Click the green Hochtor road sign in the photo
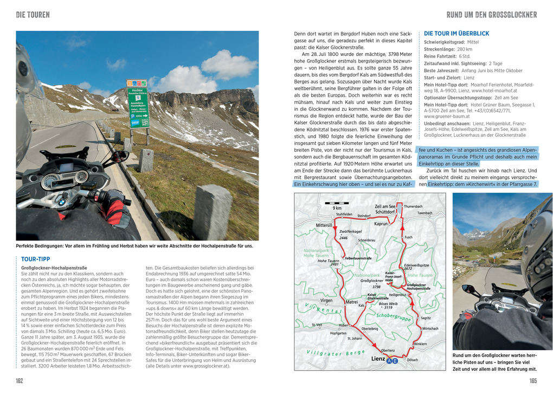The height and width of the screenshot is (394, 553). point(137,103)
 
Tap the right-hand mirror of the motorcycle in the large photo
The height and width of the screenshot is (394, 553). point(119,156)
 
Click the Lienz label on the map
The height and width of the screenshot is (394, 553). point(378,359)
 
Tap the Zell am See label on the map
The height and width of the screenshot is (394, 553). point(385,206)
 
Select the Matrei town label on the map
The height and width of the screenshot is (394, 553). point(352,302)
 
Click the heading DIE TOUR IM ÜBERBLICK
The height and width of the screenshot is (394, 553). point(456,33)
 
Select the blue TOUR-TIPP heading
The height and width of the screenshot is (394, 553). point(35,259)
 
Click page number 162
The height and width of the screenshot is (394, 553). point(20,381)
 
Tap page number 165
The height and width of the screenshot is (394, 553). point(533,381)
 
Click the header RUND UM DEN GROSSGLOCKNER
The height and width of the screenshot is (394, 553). point(491,15)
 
